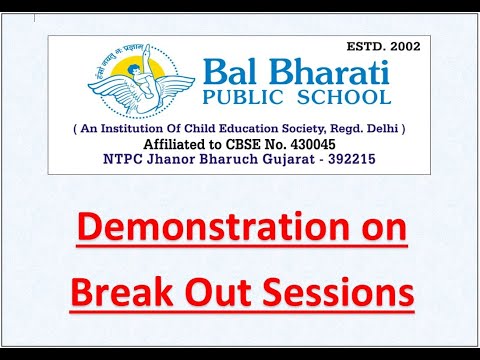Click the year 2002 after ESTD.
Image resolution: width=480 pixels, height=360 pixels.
click(402, 46)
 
